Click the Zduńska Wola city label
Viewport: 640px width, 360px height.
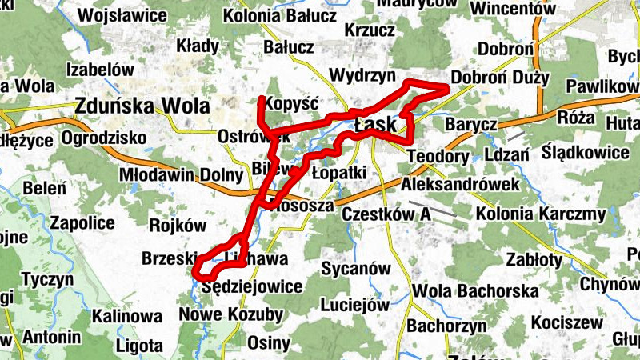142,105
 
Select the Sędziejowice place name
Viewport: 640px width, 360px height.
252,286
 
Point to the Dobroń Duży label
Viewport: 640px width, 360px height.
500,78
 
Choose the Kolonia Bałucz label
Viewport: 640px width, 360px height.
274,15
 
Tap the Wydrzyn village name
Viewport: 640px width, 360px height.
362,76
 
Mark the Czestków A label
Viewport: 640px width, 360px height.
386,214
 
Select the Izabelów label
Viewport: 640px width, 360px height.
100,70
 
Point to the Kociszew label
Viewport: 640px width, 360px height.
566,322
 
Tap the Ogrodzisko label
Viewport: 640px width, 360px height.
104,138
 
